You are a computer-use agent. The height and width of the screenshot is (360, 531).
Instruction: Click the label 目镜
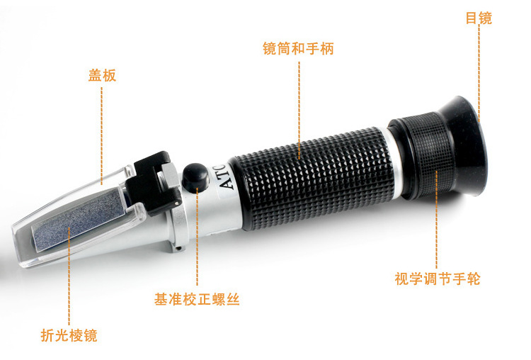click(x=478, y=18)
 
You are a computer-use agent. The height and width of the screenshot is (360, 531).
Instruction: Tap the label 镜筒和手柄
click(x=298, y=49)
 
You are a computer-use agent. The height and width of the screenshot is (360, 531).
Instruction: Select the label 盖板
click(x=102, y=75)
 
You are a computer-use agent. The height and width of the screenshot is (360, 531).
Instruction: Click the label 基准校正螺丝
click(x=197, y=299)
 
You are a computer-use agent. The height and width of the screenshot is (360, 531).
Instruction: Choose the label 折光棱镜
click(x=69, y=335)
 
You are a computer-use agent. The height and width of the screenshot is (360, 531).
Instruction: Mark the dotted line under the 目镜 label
click(x=479, y=71)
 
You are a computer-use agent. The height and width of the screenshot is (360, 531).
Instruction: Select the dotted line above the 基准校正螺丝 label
click(x=197, y=241)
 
